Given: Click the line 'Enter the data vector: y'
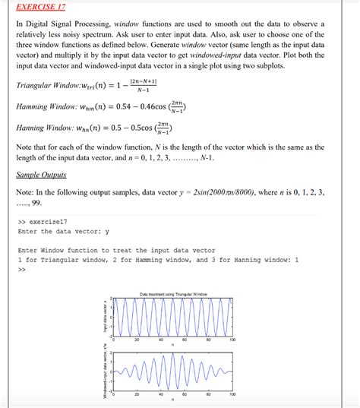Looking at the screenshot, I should [63, 231].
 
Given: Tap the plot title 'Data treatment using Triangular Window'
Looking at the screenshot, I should [173, 294].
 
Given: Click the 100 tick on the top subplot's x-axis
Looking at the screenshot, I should [232, 340].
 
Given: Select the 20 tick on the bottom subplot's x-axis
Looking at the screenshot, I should [137, 394].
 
